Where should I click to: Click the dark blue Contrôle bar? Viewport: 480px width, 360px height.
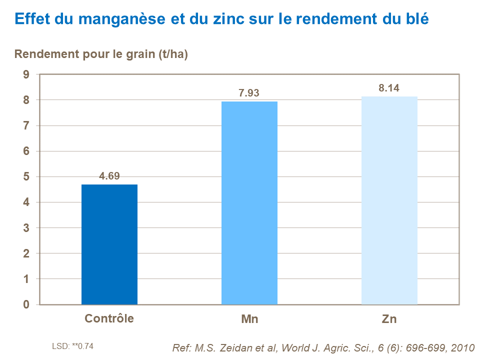click(109, 244)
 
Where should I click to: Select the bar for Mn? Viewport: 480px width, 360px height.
click(249, 203)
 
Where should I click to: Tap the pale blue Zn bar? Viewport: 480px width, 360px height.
click(389, 200)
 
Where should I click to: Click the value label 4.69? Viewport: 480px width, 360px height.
click(109, 176)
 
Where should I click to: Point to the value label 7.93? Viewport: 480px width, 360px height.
click(249, 93)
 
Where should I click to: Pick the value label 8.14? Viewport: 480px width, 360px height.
click(389, 88)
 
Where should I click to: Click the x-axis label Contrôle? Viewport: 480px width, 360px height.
click(109, 318)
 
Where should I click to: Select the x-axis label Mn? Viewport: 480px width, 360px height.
click(249, 319)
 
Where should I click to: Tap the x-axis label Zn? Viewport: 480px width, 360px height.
click(389, 319)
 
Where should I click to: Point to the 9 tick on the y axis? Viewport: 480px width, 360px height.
click(26, 74)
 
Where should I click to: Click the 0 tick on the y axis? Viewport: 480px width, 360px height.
click(26, 304)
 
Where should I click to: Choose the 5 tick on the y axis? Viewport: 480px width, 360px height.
click(26, 177)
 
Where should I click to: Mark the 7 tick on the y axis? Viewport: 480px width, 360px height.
click(26, 126)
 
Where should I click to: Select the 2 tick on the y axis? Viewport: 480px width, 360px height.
click(26, 253)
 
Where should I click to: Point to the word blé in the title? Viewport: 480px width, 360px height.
click(415, 18)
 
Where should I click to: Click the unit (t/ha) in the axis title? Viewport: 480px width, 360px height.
click(172, 54)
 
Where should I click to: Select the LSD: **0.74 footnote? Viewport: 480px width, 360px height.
click(72, 346)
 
